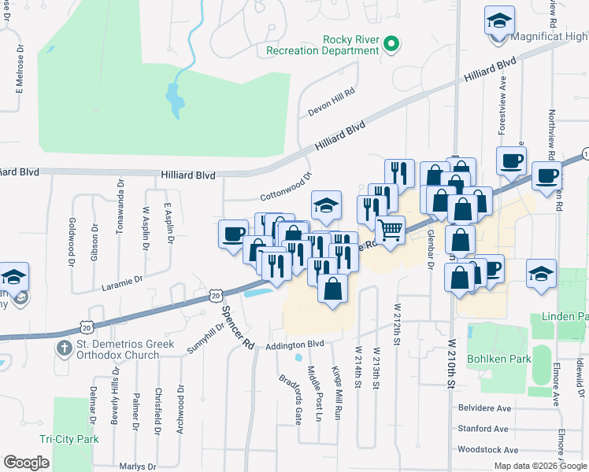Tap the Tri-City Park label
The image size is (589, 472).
pos(69,439)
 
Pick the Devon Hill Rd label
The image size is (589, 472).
pos(332,102)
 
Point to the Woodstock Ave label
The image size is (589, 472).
pos(487,450)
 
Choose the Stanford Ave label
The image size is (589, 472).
pos(483,429)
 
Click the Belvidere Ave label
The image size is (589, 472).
pos(485,408)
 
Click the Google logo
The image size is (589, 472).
pos(26,462)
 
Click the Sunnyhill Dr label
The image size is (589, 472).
pos(204,339)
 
